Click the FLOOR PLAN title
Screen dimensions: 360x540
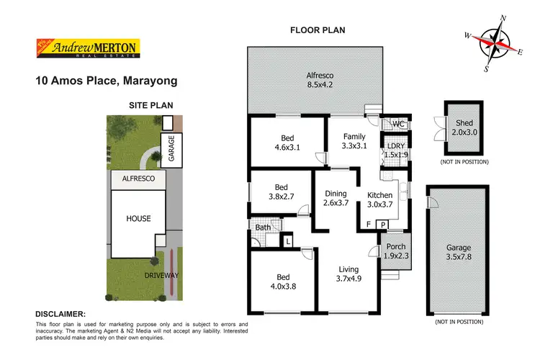click(318, 31)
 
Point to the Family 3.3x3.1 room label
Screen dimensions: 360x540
click(354, 141)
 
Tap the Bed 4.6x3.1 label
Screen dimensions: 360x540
click(286, 143)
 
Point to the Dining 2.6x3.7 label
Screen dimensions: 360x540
click(336, 199)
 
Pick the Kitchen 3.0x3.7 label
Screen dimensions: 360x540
click(379, 199)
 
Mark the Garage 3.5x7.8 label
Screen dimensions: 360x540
click(459, 252)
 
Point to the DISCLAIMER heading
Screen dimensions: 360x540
click(60, 314)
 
